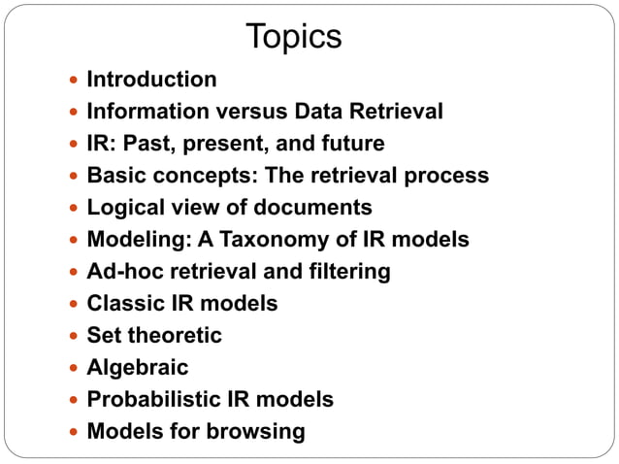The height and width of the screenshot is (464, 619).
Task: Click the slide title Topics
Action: (294, 37)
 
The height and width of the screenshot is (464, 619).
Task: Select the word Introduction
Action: (151, 80)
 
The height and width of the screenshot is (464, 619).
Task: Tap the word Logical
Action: (123, 208)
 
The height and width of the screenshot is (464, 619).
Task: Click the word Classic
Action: (121, 304)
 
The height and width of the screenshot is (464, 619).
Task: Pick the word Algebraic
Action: (138, 368)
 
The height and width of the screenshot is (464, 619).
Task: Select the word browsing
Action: (261, 431)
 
